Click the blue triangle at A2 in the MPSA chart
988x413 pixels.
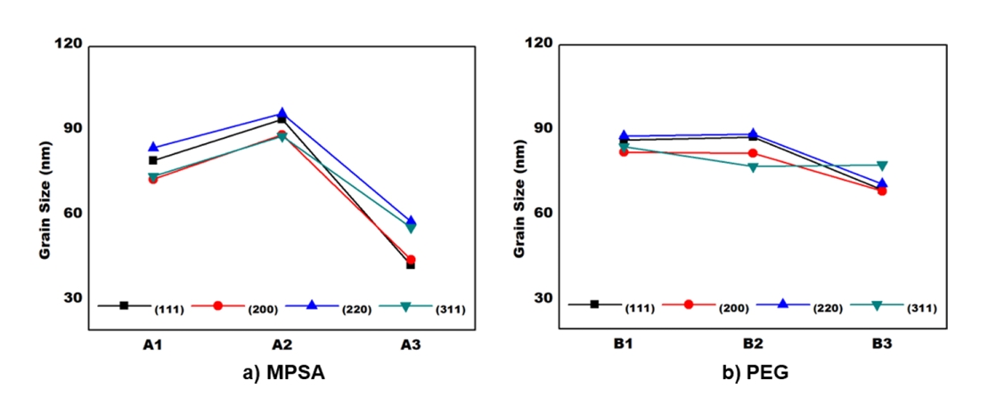click(282, 114)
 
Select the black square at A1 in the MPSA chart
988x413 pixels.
click(153, 160)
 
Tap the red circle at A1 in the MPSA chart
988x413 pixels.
click(153, 179)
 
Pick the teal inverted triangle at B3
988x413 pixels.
click(882, 166)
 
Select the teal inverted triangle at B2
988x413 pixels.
click(753, 167)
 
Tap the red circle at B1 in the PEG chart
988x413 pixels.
click(624, 152)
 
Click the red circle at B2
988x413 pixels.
click(753, 153)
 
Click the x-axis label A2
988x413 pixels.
click(282, 344)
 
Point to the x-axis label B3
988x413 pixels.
click(882, 344)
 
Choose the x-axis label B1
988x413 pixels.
click(624, 344)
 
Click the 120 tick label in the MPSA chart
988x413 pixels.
click(69, 44)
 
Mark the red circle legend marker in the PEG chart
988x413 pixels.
click(689, 304)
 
